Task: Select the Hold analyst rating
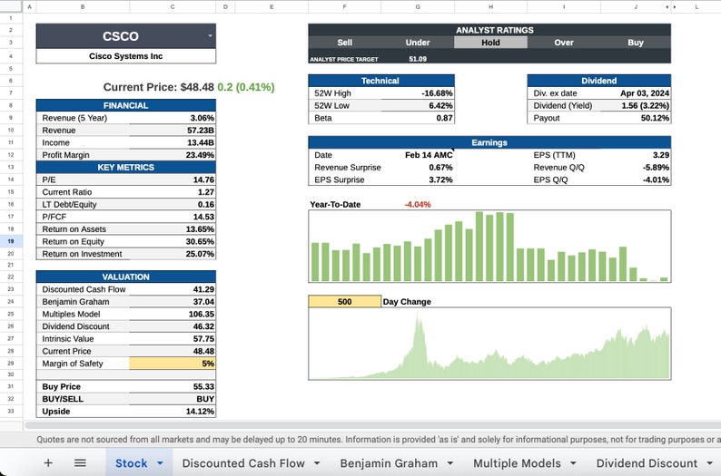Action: [490, 42]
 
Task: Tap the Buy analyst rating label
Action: [635, 42]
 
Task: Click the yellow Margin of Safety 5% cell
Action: [173, 364]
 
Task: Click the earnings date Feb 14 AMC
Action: [428, 155]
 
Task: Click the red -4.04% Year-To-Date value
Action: [418, 205]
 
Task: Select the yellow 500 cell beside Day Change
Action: [344, 302]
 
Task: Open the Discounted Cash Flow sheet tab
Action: [243, 462]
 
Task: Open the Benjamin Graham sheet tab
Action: [389, 462]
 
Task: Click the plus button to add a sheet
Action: [48, 462]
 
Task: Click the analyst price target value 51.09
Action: [418, 59]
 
